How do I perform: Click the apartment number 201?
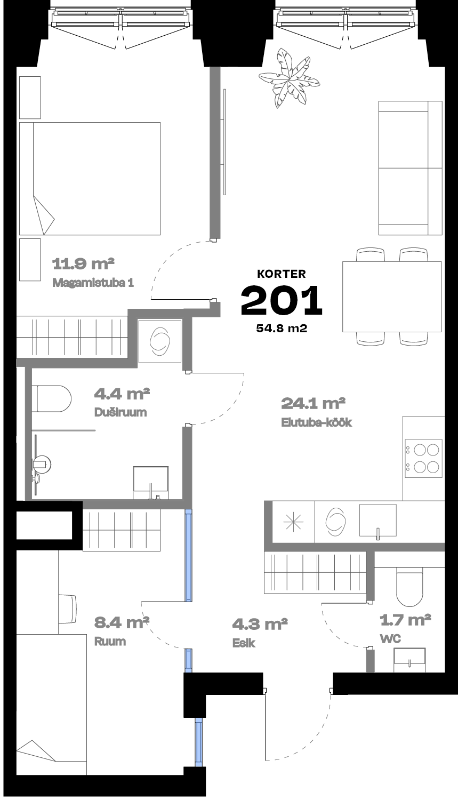pos(282,300)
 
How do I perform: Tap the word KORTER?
pos(282,274)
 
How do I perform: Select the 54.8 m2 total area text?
pos(282,328)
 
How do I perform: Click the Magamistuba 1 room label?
pos(93,283)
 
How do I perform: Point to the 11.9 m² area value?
pos(83,264)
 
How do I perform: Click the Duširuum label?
pos(120,412)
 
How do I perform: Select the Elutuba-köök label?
pos(317,422)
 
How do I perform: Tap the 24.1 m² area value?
pos(313,404)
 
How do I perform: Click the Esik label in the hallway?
pos(244,643)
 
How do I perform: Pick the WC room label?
pos(391,638)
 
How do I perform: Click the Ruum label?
pos(110,642)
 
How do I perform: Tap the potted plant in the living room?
pos(288,78)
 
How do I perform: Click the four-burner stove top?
pos(423,459)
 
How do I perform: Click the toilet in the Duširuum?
pos(51,398)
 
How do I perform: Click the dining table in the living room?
pos(391,297)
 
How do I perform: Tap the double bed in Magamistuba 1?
pos(90,179)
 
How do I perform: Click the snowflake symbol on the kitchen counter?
pos(293,522)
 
